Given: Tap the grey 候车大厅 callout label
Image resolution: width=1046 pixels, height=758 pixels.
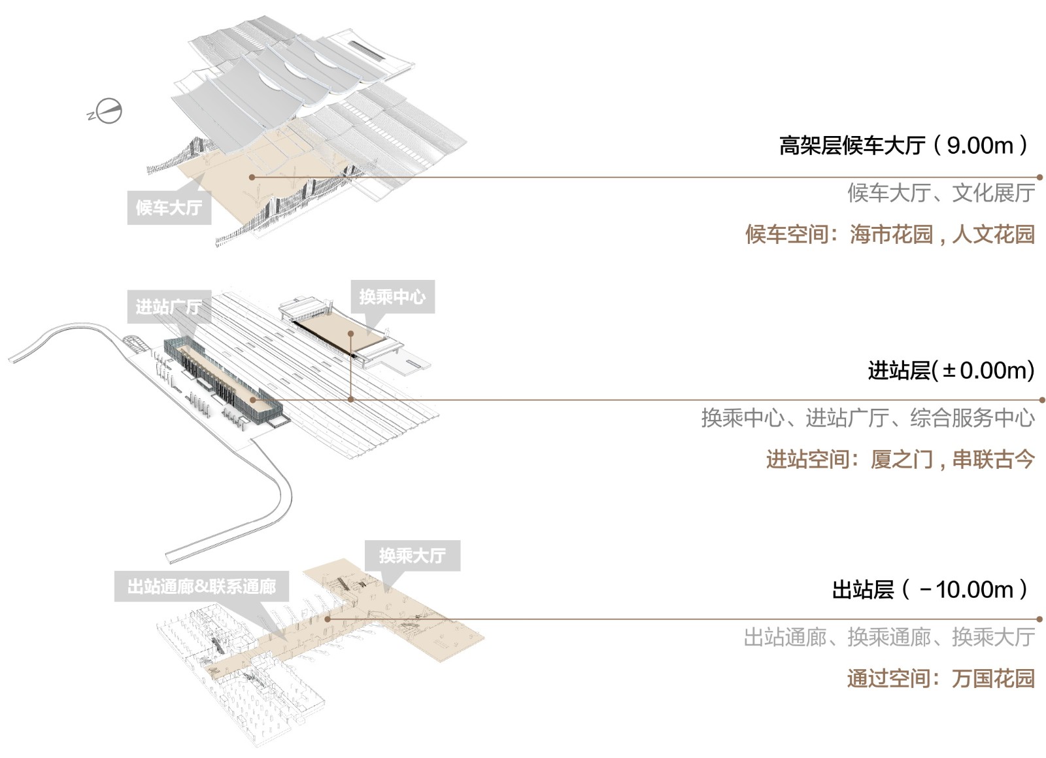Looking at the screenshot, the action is point(169,207).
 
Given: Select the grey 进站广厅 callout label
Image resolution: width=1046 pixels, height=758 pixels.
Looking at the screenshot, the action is point(169,307).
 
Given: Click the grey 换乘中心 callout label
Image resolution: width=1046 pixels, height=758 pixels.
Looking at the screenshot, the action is point(392,296).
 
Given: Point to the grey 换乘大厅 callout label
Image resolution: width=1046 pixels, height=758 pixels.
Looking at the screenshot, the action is point(413,556).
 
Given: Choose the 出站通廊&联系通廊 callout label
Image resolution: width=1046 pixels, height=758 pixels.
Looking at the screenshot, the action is point(202,586).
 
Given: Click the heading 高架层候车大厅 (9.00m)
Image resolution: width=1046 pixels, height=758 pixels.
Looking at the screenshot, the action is point(904,145).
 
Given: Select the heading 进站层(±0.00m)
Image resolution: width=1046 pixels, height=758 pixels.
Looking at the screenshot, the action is point(951,371).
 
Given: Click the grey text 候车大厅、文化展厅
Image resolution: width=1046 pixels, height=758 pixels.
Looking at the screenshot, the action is point(941,194).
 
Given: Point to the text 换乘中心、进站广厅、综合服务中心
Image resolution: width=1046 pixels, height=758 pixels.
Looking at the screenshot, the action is point(868,417).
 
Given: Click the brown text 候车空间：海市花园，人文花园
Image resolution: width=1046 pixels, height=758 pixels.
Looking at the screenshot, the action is point(890,234).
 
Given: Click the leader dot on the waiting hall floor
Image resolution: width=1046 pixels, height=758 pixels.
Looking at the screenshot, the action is point(252,177).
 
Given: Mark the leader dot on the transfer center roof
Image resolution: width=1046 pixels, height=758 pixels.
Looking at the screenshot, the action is point(350,333).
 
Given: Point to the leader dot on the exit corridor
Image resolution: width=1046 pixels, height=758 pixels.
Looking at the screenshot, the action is point(328,619).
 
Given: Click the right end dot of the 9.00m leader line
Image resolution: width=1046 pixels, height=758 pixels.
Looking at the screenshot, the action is point(1039,177).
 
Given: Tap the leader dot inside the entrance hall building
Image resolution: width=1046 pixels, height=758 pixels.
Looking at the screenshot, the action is point(252,400).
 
